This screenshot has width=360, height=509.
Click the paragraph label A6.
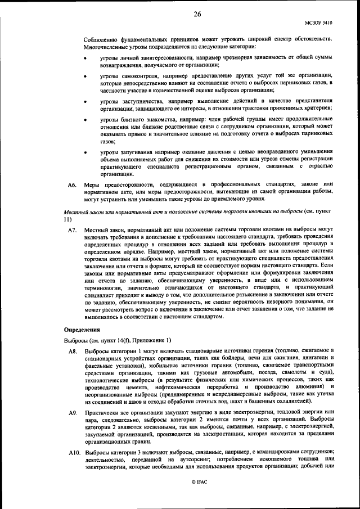pyautogui.click(x=71, y=184)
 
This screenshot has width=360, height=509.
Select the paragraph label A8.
pyautogui.click(x=72, y=352)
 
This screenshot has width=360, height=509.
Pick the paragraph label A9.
pyautogui.click(x=72, y=413)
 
